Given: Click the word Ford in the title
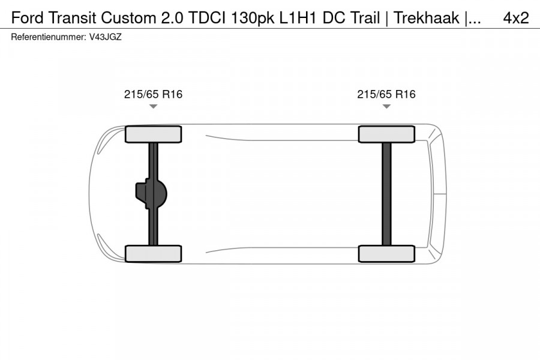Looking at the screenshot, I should coord(25,18).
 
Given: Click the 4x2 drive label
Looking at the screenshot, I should coord(515,18).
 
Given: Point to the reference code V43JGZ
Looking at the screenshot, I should coord(105,37).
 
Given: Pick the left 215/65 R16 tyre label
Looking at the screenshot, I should coord(153,94).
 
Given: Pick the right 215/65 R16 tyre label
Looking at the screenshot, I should coord(386,94).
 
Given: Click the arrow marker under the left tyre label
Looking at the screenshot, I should coord(153,106).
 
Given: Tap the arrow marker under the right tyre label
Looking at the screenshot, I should coord(386,106).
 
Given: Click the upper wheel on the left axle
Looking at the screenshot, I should coord(153,134).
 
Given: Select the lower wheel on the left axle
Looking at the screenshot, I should coord(153,253).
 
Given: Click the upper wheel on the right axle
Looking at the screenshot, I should coord(386,134).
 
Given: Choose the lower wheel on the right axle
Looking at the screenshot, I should coord(386,253).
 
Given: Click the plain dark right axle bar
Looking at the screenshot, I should coord(386,193).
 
